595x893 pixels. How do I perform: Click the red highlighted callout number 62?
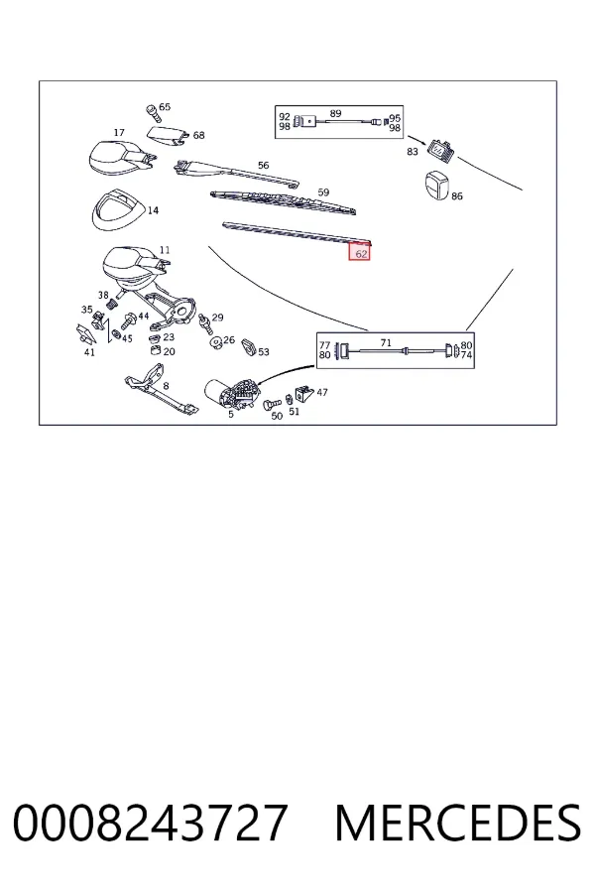[x=360, y=253]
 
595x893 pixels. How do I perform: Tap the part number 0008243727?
[x=151, y=823]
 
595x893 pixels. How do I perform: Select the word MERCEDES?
[x=458, y=823]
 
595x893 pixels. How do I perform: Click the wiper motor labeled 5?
[x=232, y=394]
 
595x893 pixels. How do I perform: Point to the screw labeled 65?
[x=153, y=113]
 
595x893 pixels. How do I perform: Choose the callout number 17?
[x=118, y=133]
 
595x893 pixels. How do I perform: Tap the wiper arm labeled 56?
[x=236, y=173]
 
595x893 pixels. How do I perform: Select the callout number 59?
[x=323, y=192]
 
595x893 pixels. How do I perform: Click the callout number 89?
[x=335, y=113]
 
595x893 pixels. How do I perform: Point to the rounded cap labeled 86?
[x=436, y=186]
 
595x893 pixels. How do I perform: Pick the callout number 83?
[x=413, y=152]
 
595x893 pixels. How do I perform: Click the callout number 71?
[x=386, y=343]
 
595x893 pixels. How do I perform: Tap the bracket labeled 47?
[x=304, y=392]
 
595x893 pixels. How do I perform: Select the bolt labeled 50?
[x=272, y=405]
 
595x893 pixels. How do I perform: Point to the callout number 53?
[x=263, y=352]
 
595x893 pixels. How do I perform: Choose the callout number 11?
[x=165, y=250]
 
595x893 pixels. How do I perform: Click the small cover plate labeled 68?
[x=167, y=136]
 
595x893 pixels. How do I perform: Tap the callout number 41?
[x=89, y=352]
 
